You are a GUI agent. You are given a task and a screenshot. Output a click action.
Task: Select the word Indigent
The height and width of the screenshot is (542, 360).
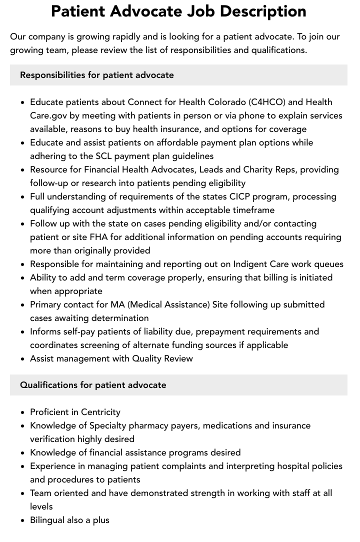(252, 264)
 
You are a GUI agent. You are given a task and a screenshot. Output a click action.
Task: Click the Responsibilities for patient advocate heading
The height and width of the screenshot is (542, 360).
(97, 75)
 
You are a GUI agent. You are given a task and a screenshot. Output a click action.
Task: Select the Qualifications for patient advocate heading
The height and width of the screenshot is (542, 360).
(93, 385)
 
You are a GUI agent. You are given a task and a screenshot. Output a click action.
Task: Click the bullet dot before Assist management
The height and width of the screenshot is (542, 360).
(23, 359)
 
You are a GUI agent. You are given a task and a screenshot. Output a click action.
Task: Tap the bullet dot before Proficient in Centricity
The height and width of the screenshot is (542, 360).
(23, 412)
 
